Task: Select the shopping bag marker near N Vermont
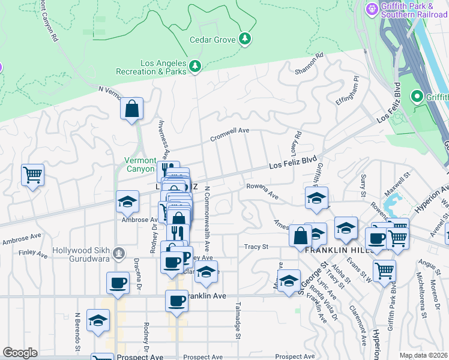click(x=131, y=109)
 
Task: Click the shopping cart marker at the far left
click(x=32, y=175)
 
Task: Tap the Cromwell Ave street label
click(x=229, y=134)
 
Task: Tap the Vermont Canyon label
click(x=139, y=164)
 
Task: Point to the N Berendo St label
click(x=78, y=332)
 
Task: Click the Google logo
click(x=20, y=353)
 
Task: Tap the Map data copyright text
click(x=423, y=355)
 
